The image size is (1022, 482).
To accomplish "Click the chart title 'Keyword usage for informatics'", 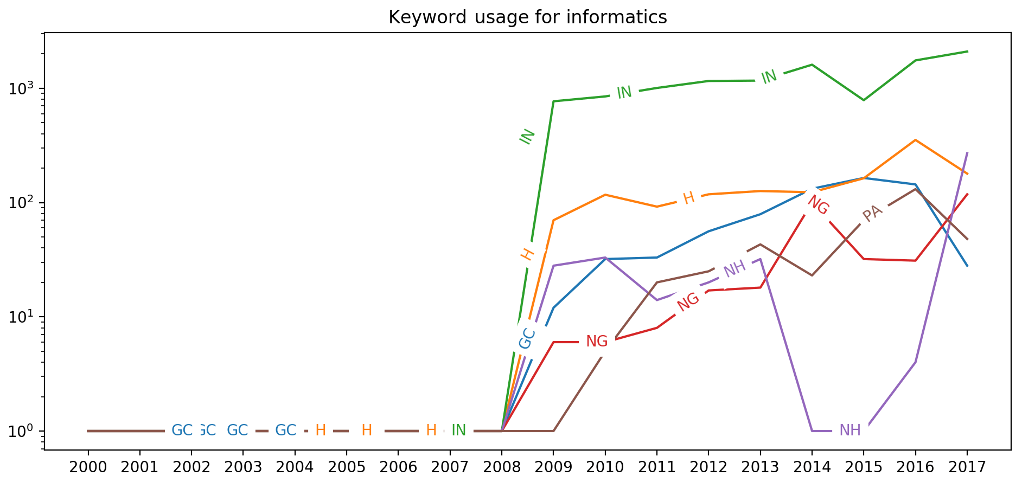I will click(527, 17).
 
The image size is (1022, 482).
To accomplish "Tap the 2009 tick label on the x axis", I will click(553, 467).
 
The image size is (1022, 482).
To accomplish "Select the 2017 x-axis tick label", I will click(967, 467).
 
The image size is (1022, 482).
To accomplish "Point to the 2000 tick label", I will click(87, 467).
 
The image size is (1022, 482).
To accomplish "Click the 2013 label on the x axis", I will click(760, 467).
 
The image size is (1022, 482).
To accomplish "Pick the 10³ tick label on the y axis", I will click(23, 88).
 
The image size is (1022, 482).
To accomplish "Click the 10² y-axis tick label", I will click(23, 203).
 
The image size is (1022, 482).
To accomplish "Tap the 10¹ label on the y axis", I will click(23, 317).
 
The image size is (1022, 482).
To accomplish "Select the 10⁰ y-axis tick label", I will click(23, 431).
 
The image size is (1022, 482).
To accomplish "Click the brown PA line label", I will click(872, 214).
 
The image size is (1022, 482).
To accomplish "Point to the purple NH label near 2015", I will click(849, 430).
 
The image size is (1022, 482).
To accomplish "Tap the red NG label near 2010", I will click(597, 342).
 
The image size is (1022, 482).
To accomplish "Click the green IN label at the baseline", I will click(458, 430).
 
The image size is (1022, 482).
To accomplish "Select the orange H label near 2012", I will click(688, 198).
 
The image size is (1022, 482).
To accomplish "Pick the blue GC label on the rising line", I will click(527, 338).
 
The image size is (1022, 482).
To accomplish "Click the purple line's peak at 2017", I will click(967, 153).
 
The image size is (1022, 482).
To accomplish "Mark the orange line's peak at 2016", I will click(915, 140).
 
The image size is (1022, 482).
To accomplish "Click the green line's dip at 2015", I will click(864, 100).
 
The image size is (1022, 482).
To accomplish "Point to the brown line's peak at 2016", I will click(915, 189).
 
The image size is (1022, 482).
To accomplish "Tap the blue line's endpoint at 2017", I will click(967, 266).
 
